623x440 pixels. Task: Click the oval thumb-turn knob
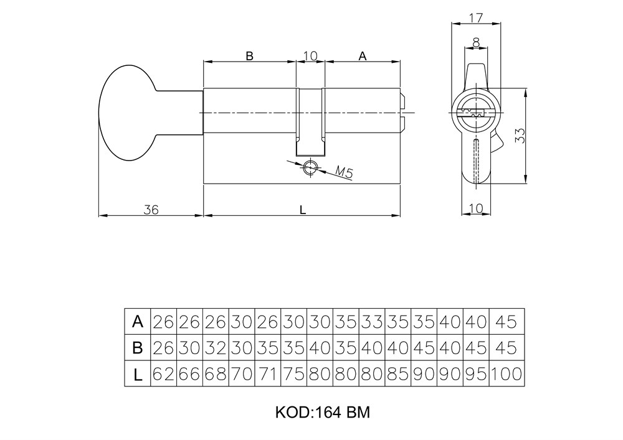pyautogui.click(x=128, y=113)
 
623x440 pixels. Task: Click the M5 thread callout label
pyautogui.click(x=344, y=172)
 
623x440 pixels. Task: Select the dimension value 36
pyautogui.click(x=151, y=210)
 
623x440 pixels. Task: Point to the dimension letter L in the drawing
pyautogui.click(x=303, y=210)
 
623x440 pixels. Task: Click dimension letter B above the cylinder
pyautogui.click(x=249, y=56)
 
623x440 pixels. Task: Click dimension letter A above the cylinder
pyautogui.click(x=362, y=56)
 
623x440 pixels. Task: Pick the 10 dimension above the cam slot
pyautogui.click(x=310, y=56)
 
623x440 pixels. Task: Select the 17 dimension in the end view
pyautogui.click(x=475, y=18)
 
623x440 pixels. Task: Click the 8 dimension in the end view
pyautogui.click(x=476, y=43)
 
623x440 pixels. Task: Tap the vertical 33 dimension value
pyautogui.click(x=521, y=136)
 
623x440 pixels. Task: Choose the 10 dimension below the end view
pyautogui.click(x=476, y=208)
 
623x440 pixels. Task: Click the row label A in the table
pyautogui.click(x=138, y=322)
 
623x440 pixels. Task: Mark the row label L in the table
pyautogui.click(x=138, y=374)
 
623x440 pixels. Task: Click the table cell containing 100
pyautogui.click(x=507, y=374)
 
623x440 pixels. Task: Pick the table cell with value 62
pyautogui.click(x=164, y=374)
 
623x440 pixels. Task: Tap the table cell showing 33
pyautogui.click(x=372, y=322)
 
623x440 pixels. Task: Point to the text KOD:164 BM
pyautogui.click(x=323, y=413)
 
